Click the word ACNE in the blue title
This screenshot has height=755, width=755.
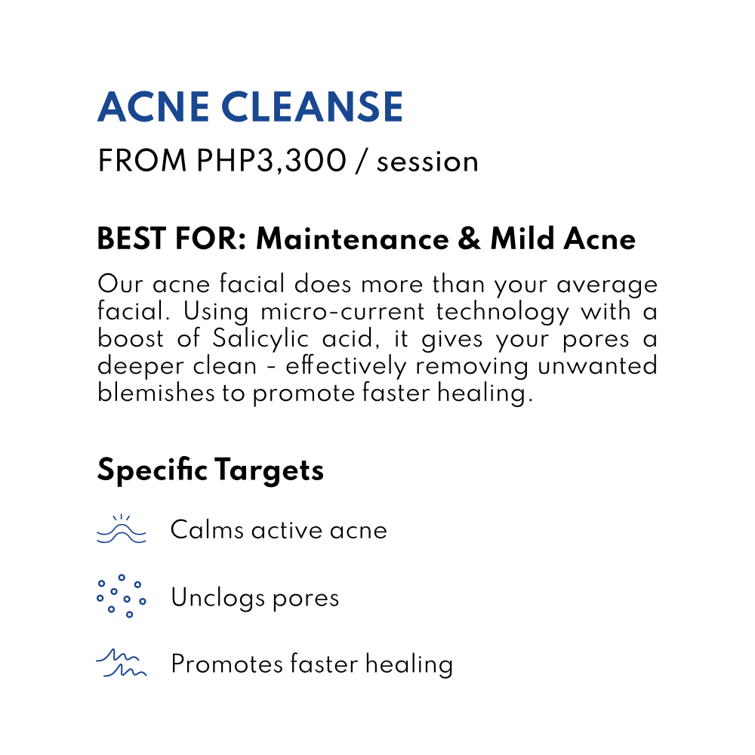tap(153, 106)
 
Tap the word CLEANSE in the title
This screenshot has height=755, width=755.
tap(312, 106)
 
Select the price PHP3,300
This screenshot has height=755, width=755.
tap(272, 161)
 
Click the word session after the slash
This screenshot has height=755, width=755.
tap(427, 162)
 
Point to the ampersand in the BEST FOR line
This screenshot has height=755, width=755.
tap(469, 239)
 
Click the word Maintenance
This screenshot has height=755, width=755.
tap(353, 239)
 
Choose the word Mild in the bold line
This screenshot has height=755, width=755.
tap(522, 239)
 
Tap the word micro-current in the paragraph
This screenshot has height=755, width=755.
tap(343, 312)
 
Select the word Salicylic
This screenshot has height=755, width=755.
tap(260, 338)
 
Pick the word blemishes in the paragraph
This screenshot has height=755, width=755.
tap(156, 392)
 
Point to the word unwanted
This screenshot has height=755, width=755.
tap(597, 365)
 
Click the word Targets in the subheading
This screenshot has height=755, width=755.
tap(270, 470)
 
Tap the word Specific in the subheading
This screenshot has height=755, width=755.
tap(153, 470)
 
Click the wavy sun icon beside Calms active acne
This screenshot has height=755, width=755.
tap(122, 529)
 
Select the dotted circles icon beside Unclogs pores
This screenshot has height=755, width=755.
tap(122, 596)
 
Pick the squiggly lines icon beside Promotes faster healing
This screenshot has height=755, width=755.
tap(122, 663)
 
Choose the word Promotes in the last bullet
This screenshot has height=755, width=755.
tap(227, 664)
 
